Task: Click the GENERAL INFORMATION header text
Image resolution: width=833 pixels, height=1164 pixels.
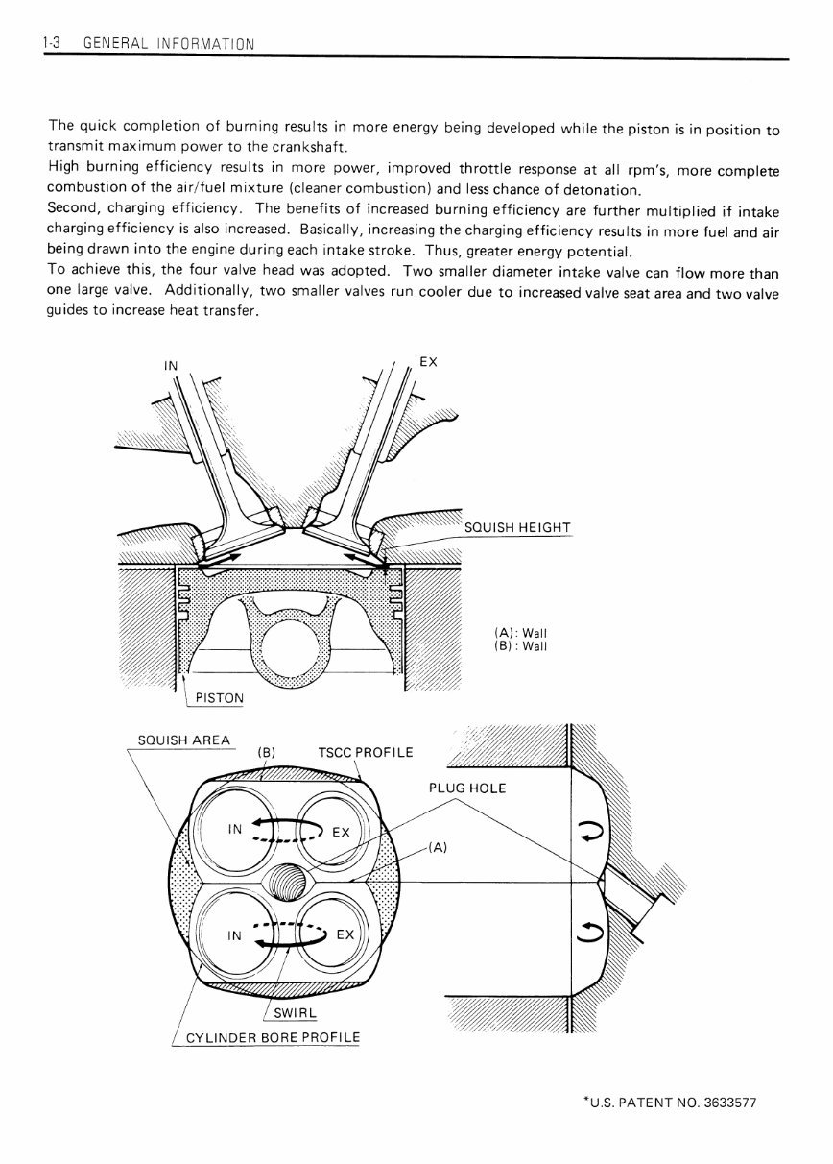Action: (170, 43)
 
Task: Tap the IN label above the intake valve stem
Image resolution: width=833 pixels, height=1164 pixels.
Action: (171, 366)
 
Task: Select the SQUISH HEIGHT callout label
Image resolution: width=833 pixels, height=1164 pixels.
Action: (516, 529)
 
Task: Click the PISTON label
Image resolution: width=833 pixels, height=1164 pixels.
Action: (218, 697)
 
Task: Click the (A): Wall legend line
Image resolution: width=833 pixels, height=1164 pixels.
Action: (519, 633)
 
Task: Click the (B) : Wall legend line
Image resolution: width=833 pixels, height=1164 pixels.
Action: (519, 646)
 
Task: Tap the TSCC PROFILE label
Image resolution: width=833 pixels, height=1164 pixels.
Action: (365, 751)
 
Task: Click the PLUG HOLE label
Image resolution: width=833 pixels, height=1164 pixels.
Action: (466, 788)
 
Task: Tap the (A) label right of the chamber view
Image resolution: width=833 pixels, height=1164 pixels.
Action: (437, 847)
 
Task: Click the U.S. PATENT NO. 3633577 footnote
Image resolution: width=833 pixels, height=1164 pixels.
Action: (670, 1103)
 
